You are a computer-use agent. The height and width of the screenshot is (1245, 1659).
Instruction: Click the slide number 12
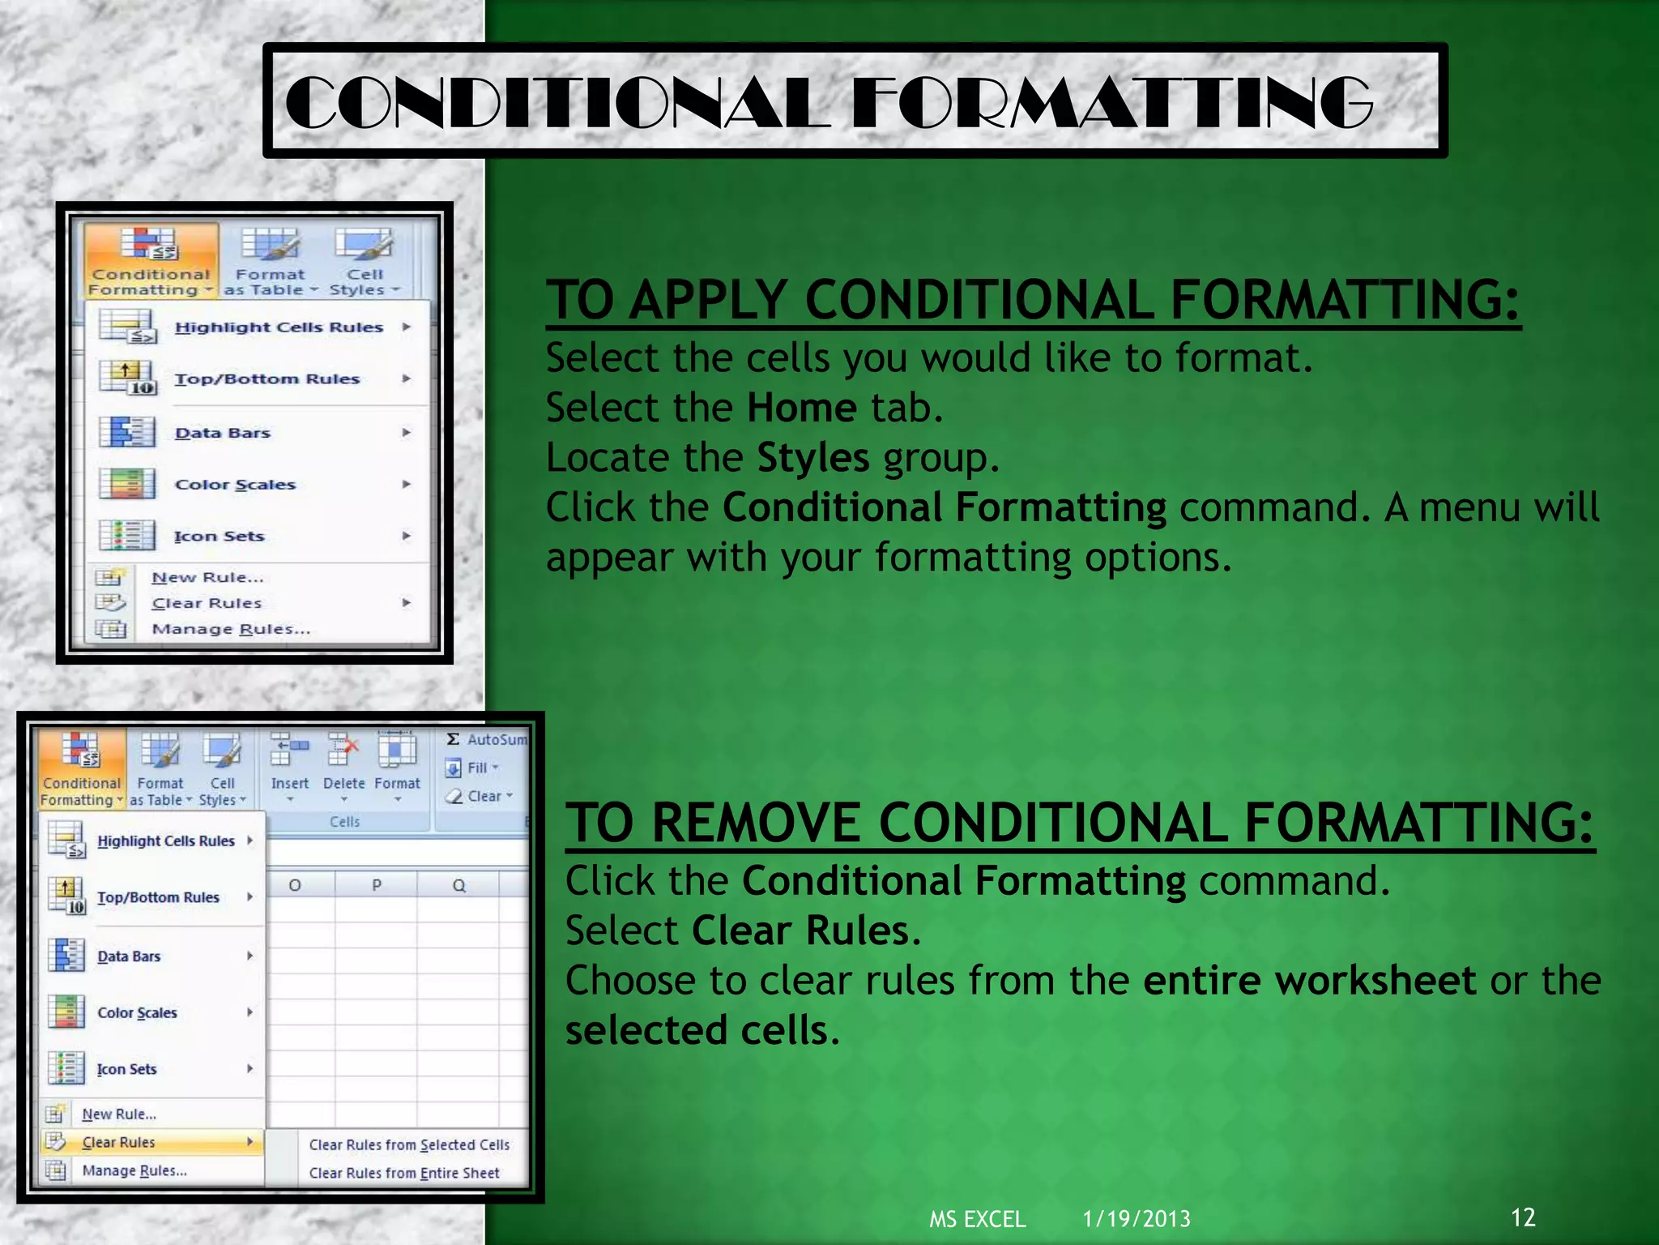pyautogui.click(x=1523, y=1217)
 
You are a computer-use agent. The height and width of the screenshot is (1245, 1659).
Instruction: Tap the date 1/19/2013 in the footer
pyautogui.click(x=1137, y=1219)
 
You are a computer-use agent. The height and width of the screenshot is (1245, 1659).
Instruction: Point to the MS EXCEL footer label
pyautogui.click(x=977, y=1219)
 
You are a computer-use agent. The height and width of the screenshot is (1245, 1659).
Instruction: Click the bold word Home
pyautogui.click(x=801, y=408)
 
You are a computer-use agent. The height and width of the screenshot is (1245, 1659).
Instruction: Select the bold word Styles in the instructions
pyautogui.click(x=812, y=458)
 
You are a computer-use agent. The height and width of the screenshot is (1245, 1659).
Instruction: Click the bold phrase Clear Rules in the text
pyautogui.click(x=800, y=931)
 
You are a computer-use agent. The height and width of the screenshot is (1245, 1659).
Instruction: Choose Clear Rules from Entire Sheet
pyautogui.click(x=403, y=1173)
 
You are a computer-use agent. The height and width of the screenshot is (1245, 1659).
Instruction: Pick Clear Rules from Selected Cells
pyautogui.click(x=408, y=1144)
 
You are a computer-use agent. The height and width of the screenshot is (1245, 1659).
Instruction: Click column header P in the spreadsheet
pyautogui.click(x=377, y=885)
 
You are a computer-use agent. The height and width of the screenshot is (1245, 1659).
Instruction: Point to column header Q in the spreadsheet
pyautogui.click(x=459, y=885)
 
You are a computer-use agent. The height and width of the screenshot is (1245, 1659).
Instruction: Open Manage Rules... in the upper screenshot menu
pyautogui.click(x=230, y=629)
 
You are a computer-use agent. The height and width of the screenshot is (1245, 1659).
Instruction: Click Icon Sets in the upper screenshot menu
pyautogui.click(x=219, y=536)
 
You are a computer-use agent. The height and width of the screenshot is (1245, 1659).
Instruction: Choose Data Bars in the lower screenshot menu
pyautogui.click(x=129, y=956)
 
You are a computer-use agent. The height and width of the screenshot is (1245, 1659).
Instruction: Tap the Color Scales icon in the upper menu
pyautogui.click(x=127, y=484)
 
